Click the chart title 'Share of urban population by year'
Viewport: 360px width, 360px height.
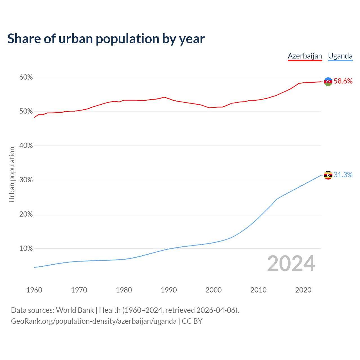click(106, 39)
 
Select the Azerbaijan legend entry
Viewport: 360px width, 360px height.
click(305, 56)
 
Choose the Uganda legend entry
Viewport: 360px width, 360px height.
click(340, 56)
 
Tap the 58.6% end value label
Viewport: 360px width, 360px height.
click(343, 81)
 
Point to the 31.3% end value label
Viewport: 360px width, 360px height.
click(343, 175)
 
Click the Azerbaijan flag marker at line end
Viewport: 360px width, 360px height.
click(328, 82)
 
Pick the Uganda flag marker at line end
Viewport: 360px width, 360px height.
click(328, 175)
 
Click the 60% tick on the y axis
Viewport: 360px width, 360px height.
click(26, 77)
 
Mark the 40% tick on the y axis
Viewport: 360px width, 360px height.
click(26, 146)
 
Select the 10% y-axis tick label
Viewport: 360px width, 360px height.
click(26, 249)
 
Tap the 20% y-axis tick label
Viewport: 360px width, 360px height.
click(26, 214)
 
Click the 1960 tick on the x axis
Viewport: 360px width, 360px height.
click(34, 290)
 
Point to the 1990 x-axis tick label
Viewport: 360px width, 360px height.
click(169, 290)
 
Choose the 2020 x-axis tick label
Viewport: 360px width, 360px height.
click(303, 290)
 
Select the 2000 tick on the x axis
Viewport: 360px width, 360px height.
click(213, 290)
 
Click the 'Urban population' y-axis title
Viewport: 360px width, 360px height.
click(12, 174)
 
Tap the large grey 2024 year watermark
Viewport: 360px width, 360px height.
click(291, 264)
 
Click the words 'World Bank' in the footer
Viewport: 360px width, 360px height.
click(75, 310)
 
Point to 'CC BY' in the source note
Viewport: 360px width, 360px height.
click(192, 321)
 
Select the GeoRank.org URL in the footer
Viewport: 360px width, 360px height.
click(94, 321)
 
